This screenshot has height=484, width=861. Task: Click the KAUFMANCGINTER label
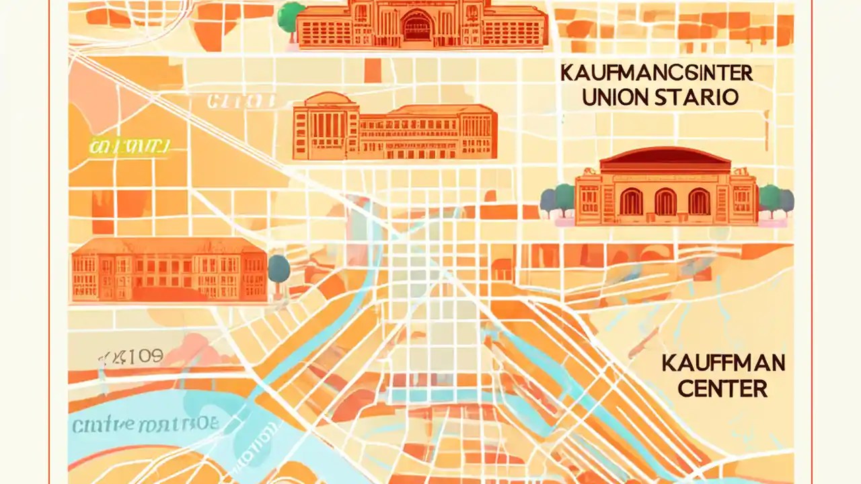[656, 73]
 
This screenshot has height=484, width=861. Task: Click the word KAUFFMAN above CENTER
[723, 364]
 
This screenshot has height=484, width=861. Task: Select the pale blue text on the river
[145, 425]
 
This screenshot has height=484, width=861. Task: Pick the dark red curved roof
[665, 159]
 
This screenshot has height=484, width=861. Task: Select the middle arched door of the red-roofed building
[665, 202]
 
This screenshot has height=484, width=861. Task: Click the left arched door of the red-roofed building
[631, 202]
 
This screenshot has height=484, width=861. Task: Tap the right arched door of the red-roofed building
[699, 202]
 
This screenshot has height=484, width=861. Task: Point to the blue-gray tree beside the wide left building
[278, 268]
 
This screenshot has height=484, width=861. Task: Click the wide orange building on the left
[168, 269]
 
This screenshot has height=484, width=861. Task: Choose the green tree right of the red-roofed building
[770, 198]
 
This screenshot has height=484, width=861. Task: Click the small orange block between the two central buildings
[372, 70]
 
